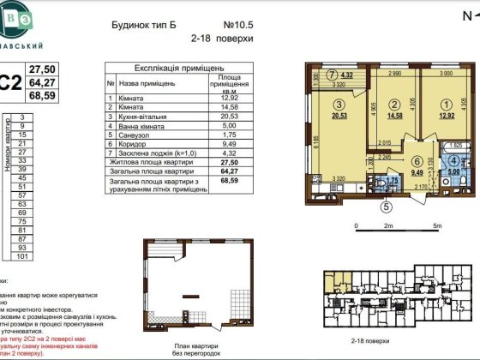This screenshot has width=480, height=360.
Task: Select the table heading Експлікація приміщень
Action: click(x=180, y=67)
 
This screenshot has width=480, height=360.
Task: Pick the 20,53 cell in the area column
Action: click(x=228, y=117)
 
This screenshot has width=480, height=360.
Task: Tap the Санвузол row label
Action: click(x=138, y=135)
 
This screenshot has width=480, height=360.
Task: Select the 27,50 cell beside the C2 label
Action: click(x=42, y=69)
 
